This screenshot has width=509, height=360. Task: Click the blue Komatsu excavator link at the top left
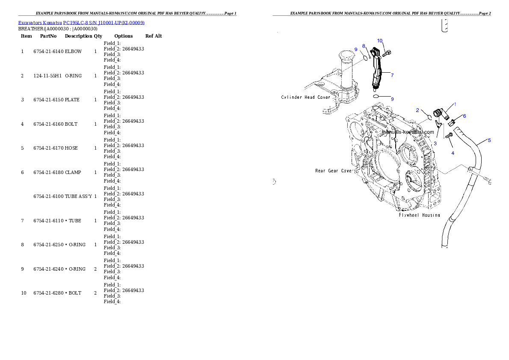[81, 22]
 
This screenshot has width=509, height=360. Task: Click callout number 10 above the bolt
[379, 41]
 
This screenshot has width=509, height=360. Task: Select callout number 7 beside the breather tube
[392, 75]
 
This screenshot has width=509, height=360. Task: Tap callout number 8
[364, 46]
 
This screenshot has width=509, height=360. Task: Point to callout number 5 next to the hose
[489, 140]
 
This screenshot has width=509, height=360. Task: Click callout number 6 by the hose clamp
[465, 116]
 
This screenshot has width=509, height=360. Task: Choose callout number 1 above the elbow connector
[455, 104]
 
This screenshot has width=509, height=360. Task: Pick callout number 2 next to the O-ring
[417, 110]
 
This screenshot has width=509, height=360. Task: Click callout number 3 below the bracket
[435, 144]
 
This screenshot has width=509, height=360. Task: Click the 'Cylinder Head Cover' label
[305, 97]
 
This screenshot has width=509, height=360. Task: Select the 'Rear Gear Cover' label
[334, 171]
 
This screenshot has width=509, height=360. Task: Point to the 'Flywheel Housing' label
[419, 215]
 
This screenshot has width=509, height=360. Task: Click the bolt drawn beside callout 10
[388, 53]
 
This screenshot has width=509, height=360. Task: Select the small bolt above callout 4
[449, 136]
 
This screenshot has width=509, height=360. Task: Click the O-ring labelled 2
[427, 116]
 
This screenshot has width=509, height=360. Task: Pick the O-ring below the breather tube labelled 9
[376, 97]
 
